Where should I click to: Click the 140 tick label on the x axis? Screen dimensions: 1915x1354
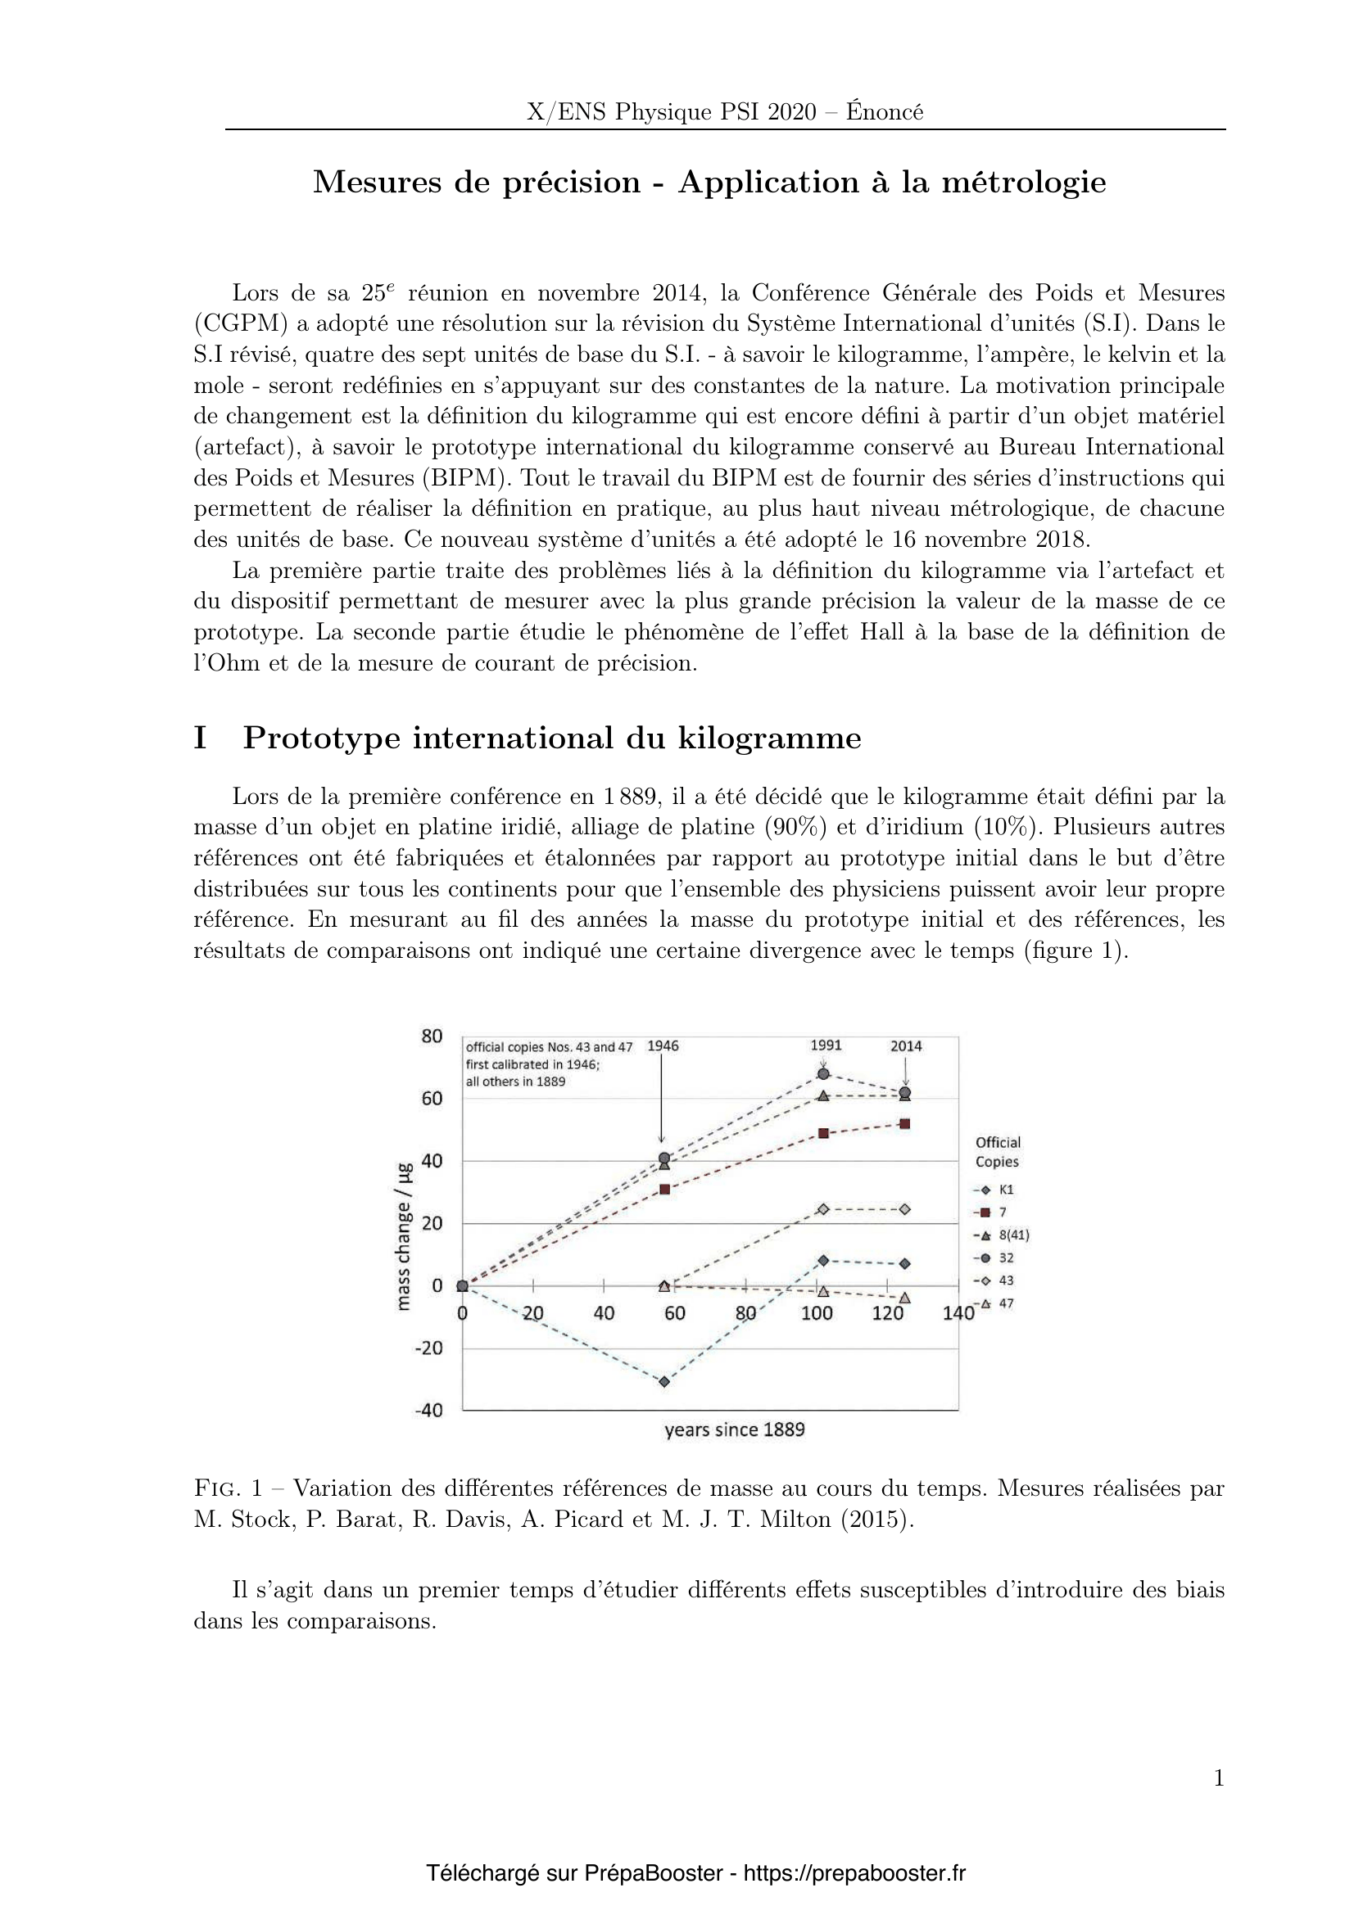click(x=958, y=1313)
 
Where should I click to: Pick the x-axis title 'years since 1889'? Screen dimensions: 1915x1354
click(x=734, y=1430)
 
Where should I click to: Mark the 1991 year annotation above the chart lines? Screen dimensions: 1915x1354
click(x=826, y=1046)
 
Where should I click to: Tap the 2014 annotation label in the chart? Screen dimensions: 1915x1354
click(x=906, y=1046)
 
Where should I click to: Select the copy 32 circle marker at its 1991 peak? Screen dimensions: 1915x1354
click(x=823, y=1073)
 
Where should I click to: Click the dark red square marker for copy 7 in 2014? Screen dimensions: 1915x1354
click(x=905, y=1123)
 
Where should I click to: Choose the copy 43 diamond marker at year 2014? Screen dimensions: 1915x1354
click(x=905, y=1209)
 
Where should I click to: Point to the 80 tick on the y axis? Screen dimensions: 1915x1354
click(x=432, y=1037)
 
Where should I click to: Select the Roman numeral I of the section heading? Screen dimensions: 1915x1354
click(x=200, y=738)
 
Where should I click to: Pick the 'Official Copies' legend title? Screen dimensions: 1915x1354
click(x=998, y=1152)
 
